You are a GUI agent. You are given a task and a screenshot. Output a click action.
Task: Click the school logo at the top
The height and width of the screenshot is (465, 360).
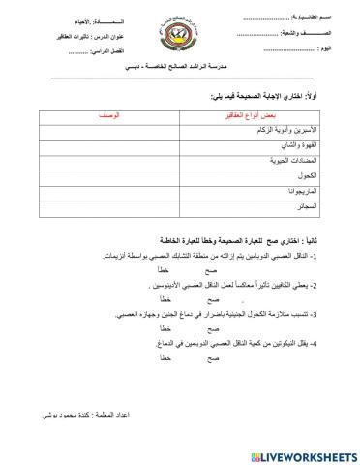(179, 34)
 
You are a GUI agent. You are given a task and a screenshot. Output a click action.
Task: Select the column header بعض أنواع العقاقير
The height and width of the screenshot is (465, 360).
(255, 114)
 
